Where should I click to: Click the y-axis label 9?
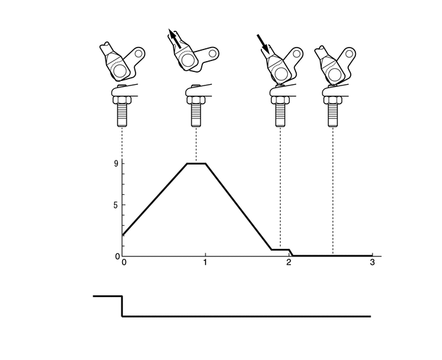click(116, 163)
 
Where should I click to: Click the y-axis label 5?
click(116, 205)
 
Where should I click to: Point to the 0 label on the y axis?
click(118, 256)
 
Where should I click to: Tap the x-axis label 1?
click(205, 262)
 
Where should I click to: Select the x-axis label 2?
click(288, 262)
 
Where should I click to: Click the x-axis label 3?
click(373, 262)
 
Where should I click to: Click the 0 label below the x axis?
click(123, 262)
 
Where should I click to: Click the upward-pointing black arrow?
click(174, 38)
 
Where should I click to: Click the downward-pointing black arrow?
click(263, 44)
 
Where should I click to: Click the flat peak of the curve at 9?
click(197, 163)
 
